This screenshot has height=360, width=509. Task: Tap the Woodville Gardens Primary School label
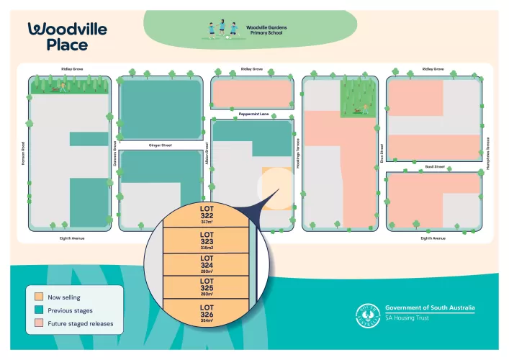[x=266, y=30]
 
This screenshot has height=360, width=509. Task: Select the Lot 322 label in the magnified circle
[x=207, y=214]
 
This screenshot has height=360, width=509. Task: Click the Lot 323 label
[x=207, y=237]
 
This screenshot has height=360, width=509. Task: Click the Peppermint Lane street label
[x=253, y=114]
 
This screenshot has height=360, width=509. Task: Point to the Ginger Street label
[x=160, y=145]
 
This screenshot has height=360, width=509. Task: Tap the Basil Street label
[x=434, y=166]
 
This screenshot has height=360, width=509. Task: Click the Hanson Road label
[x=23, y=150]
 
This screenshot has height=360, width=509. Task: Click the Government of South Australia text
[x=430, y=307]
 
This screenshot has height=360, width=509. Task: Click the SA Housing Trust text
[x=412, y=318]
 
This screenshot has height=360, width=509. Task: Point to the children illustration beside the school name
[x=223, y=30]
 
